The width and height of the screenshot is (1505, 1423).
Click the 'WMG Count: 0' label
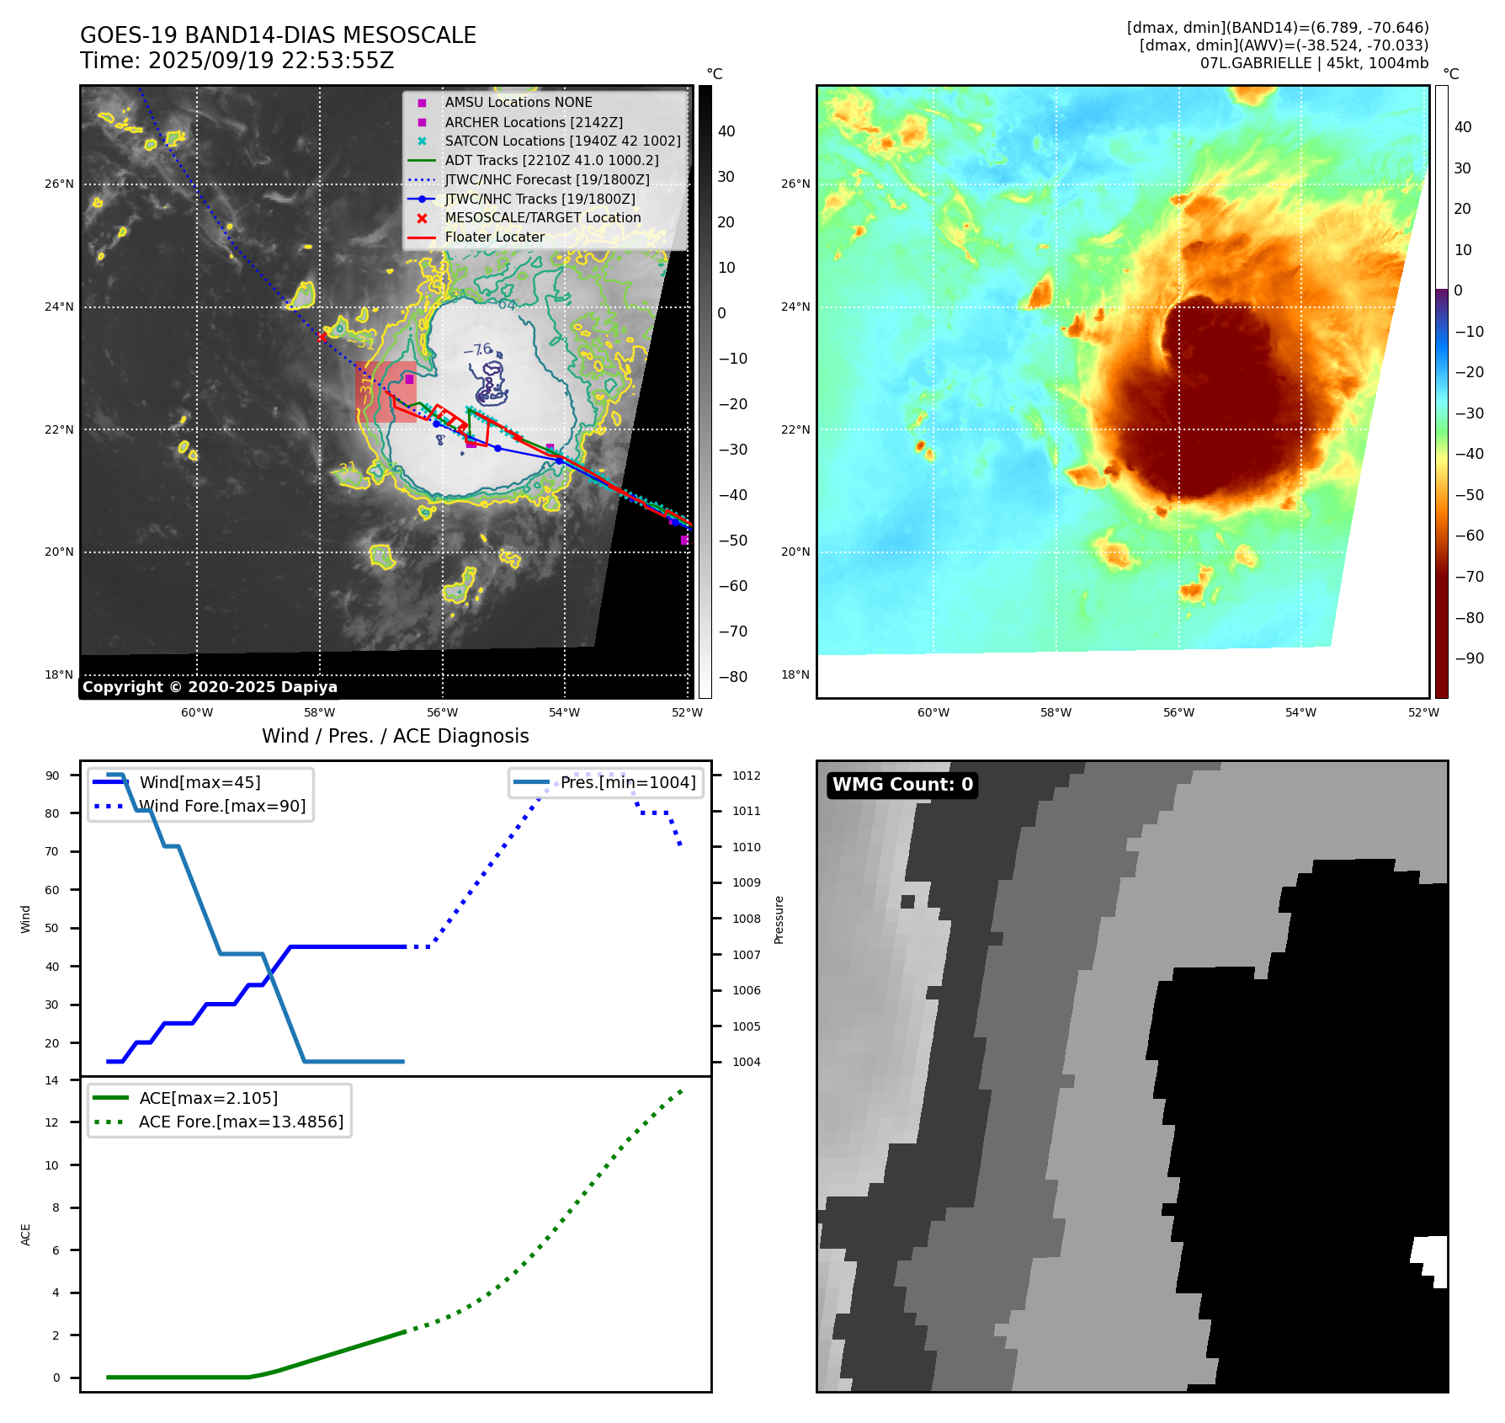[x=902, y=785]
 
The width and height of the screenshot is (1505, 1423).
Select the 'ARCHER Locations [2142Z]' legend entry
[x=534, y=122]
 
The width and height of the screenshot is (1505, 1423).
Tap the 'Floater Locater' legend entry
[x=494, y=237]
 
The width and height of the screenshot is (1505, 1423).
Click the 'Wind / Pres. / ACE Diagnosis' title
[x=395, y=736]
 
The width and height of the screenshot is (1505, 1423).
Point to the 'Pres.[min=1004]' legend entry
[x=628, y=782]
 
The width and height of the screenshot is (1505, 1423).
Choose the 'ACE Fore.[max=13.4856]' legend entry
[x=241, y=1122]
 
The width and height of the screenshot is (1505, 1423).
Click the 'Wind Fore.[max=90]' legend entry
[x=222, y=806]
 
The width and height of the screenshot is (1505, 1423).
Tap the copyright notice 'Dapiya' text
[x=309, y=687]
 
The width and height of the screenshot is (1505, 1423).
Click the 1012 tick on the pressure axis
[x=746, y=775]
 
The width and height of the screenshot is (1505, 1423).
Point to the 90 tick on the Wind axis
[x=53, y=775]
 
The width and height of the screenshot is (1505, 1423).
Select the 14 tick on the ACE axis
[x=52, y=1080]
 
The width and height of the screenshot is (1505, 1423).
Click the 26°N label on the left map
[x=59, y=184]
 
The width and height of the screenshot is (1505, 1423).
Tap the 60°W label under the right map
[x=933, y=712]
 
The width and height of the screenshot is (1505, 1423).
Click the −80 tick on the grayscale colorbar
[x=732, y=677]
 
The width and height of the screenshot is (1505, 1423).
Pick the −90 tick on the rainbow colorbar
[x=1469, y=658]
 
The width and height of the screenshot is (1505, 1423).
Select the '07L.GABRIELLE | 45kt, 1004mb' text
[x=1314, y=63]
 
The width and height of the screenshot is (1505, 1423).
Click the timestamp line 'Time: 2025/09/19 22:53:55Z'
[x=237, y=61]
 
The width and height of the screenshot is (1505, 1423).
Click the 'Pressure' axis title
[x=779, y=919]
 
